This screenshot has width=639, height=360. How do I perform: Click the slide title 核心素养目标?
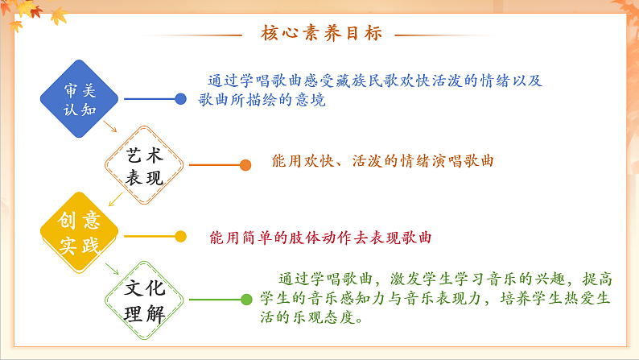[x=320, y=34]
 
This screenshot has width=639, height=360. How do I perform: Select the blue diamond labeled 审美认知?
[x=80, y=99]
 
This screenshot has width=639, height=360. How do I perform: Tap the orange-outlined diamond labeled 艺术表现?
[x=145, y=166]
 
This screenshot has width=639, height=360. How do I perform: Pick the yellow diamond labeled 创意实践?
[x=80, y=233]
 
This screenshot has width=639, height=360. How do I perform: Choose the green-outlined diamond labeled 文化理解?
[x=145, y=300]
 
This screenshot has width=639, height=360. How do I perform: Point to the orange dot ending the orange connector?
[x=245, y=165]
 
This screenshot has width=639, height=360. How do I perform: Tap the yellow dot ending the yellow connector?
[x=180, y=237]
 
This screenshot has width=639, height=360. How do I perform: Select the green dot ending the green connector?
[x=245, y=300]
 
